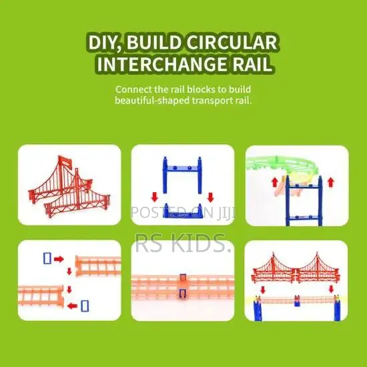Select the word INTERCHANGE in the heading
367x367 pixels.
[x=162, y=63]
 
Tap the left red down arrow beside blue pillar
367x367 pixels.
[x=154, y=197]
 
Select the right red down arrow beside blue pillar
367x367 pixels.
[x=211, y=197]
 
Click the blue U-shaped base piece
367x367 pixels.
[x=183, y=211]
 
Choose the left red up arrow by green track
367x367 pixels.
[x=275, y=182]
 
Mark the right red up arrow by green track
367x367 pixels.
[x=330, y=182]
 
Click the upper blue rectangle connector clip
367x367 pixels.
[x=47, y=258]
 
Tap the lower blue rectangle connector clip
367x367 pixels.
[x=85, y=306]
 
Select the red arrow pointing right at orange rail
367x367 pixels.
[x=59, y=259]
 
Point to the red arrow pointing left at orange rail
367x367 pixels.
[x=72, y=306]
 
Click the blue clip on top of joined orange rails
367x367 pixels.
[x=183, y=278]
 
